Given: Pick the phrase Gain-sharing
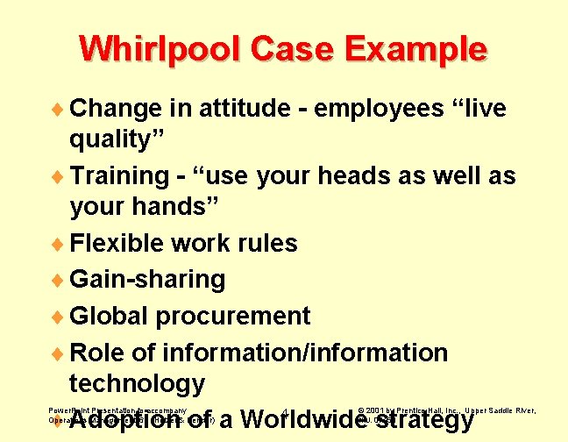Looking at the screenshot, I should tap(147, 280).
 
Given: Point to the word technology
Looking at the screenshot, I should tap(137, 383).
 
